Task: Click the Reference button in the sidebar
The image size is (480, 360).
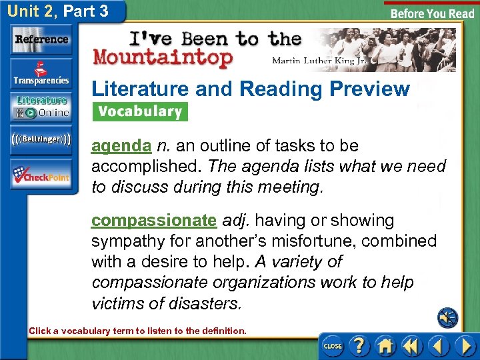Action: tap(41, 39)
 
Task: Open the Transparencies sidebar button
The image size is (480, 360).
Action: tap(41, 75)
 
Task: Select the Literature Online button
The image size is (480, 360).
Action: tap(41, 107)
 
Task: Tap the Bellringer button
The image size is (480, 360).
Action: tap(41, 139)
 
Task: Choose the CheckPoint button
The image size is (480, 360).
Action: tap(41, 175)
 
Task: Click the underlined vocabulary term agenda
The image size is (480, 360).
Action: tap(121, 146)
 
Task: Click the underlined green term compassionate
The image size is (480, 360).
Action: tap(154, 221)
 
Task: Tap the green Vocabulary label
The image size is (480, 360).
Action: tap(140, 111)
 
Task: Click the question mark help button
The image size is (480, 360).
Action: tap(359, 345)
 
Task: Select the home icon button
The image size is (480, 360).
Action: tap(385, 345)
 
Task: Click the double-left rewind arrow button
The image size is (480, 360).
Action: tap(411, 345)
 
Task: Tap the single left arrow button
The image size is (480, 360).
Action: tap(437, 345)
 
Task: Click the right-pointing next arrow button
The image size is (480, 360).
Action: tap(464, 345)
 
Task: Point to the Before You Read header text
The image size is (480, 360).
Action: tap(432, 13)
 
